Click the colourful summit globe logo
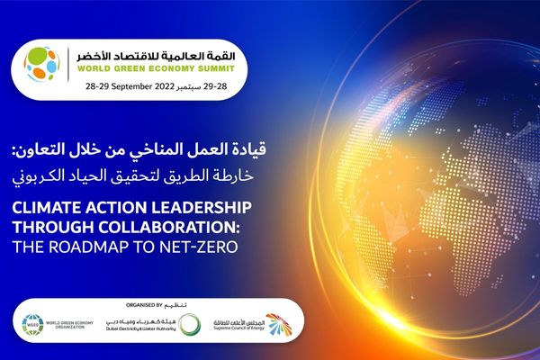40,66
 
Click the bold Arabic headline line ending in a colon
135,148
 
